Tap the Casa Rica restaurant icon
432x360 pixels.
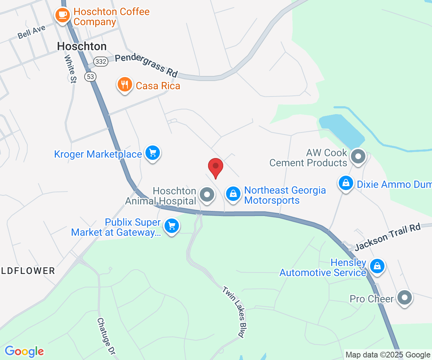(125, 85)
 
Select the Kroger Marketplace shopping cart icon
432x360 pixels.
(153, 153)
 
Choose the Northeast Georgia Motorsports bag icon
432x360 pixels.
(233, 194)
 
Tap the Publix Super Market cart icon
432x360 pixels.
(172, 226)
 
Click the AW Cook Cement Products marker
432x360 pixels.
(358, 157)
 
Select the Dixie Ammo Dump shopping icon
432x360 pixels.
(346, 183)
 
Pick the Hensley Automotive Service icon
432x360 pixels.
(377, 266)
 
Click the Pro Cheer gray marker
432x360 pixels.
(405, 298)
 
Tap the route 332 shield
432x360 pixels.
(102, 62)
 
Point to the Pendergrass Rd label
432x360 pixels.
(147, 65)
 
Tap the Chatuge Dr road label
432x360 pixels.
(106, 337)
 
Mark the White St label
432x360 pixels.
(70, 69)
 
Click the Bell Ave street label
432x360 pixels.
(32, 32)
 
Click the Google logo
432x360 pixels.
(24, 351)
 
